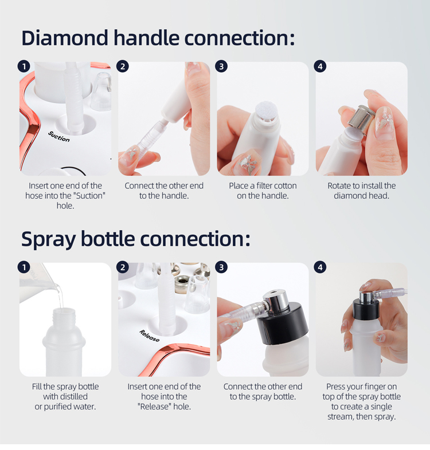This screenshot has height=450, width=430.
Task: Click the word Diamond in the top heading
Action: pyautogui.click(x=65, y=38)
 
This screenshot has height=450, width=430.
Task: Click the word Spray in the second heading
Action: pyautogui.click(x=49, y=239)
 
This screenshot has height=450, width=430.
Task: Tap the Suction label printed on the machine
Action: pyautogui.click(x=59, y=136)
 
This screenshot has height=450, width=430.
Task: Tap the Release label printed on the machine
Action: pyautogui.click(x=149, y=335)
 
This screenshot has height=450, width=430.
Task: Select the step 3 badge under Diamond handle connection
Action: pyautogui.click(x=221, y=66)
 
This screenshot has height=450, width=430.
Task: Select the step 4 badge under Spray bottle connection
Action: pyautogui.click(x=320, y=267)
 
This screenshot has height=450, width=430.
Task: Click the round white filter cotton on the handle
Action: pyautogui.click(x=266, y=109)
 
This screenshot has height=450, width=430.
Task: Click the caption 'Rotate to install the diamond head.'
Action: pyautogui.click(x=362, y=191)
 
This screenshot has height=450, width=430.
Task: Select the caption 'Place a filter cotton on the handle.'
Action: pyautogui.click(x=263, y=191)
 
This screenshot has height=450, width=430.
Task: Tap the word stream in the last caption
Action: pyautogui.click(x=341, y=417)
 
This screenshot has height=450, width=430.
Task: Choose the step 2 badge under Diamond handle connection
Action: pyautogui.click(x=123, y=66)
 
